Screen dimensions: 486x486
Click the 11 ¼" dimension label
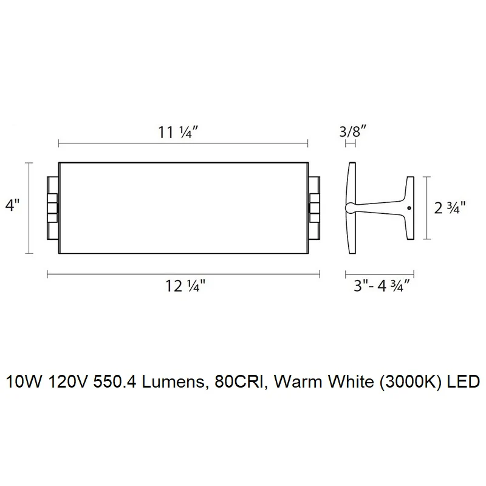point(177,132)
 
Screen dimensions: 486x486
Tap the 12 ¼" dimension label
point(185,286)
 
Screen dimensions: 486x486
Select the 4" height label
point(12,205)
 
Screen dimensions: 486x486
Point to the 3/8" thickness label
point(353,131)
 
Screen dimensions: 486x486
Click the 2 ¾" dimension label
point(450,208)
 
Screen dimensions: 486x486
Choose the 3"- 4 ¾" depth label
point(382,286)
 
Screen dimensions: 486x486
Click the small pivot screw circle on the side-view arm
point(409,208)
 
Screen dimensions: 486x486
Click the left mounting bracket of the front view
point(53,208)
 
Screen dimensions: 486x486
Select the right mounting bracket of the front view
point(314,208)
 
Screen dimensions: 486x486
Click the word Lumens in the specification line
point(173,382)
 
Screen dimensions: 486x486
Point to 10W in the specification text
point(24,382)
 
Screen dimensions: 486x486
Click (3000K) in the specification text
point(410,382)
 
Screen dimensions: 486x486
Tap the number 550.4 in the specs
point(115,382)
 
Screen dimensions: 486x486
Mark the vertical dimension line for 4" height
point(29,208)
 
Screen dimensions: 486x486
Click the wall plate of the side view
point(352,208)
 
